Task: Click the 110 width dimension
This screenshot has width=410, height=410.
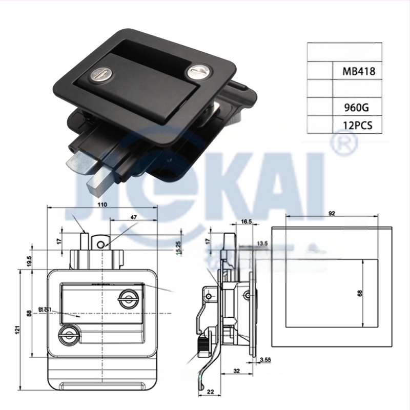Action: point(102,204)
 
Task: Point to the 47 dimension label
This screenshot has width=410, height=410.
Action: point(134,218)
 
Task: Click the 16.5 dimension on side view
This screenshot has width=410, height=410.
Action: point(245,221)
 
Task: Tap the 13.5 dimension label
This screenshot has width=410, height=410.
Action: point(262,243)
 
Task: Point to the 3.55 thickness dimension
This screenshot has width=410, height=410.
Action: point(265,361)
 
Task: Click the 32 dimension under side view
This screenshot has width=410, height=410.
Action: point(237,369)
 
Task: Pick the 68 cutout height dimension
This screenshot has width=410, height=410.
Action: point(360,293)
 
